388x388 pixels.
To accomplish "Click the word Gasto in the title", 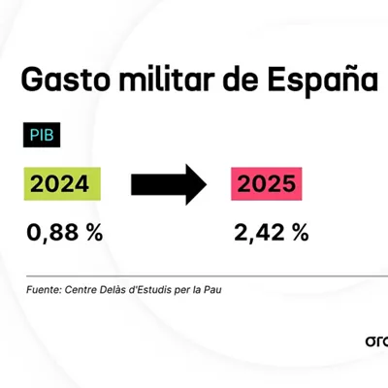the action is [66, 80].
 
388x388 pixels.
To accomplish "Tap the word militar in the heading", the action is [167, 79].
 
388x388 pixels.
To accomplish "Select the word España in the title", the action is [322, 81].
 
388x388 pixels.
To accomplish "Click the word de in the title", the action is [241, 79].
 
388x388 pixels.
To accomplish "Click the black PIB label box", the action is [42, 135].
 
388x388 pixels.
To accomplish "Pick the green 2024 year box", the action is [62, 183].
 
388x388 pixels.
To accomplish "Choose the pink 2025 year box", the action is [267, 183].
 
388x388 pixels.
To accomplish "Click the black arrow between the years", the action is [169, 184].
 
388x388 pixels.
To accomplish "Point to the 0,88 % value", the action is [65, 233].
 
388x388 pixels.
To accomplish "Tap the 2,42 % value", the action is [272, 233].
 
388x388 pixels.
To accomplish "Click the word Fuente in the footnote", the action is [44, 290].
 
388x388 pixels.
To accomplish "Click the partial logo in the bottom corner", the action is [376, 341].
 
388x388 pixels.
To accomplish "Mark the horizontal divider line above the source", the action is [207, 276].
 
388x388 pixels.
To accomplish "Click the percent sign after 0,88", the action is [94, 233].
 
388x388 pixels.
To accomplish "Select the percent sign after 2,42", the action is [300, 233].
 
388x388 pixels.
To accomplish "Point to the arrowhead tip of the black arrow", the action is [207, 184].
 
